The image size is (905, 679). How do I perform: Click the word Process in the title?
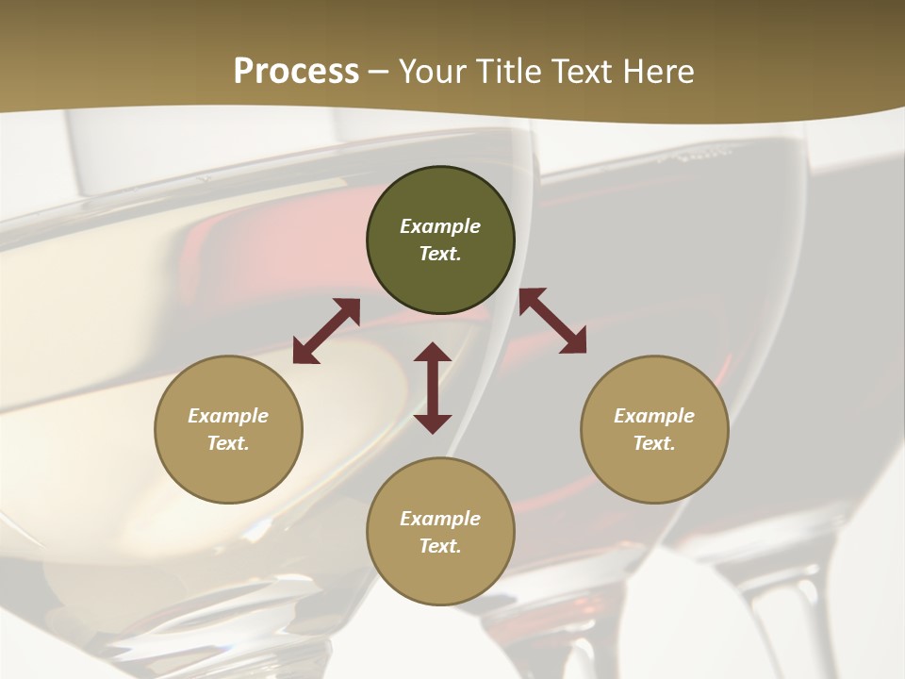[x=296, y=72]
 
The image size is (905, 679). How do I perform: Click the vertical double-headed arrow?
[x=433, y=388]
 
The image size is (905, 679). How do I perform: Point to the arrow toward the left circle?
[x=326, y=331]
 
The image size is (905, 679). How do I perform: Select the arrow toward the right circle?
[x=552, y=321]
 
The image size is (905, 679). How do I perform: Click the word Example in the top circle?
[x=440, y=226]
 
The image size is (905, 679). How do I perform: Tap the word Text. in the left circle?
[x=228, y=443]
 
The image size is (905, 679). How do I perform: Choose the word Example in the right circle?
[x=654, y=416]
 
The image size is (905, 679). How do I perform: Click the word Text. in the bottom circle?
[x=440, y=546]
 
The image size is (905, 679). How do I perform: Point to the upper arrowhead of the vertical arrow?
[x=433, y=353]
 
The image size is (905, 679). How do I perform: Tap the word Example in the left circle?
[x=228, y=416]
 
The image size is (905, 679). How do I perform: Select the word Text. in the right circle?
[x=654, y=443]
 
